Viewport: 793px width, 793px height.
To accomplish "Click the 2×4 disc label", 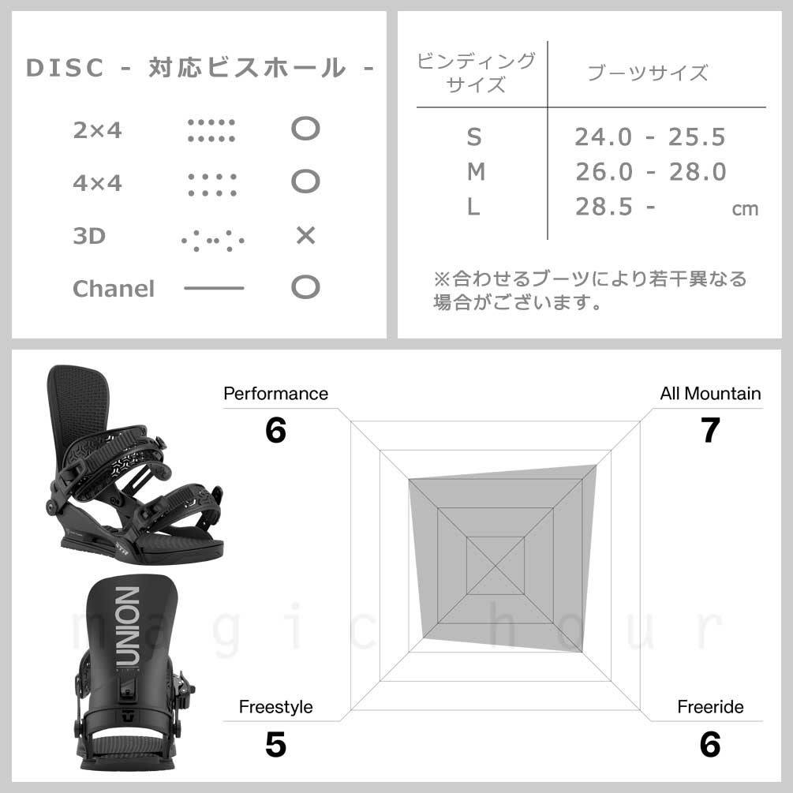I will pos(97,130).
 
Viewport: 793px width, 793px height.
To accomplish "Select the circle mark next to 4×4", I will pos(305,182).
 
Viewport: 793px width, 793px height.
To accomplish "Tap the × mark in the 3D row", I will pos(305,235).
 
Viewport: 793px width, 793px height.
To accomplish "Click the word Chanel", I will pos(114,289).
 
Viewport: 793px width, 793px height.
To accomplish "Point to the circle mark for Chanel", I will pos(305,287).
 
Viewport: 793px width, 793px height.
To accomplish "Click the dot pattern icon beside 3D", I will pos(212,238).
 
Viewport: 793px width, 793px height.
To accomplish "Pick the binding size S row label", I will pos(473,137).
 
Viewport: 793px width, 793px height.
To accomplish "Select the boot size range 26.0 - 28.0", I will pos(650,172).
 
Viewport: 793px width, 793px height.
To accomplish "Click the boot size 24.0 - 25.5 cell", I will pos(650,137).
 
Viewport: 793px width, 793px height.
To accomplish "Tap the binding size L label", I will pos(473,207).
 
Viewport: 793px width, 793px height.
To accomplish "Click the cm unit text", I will pos(745,209).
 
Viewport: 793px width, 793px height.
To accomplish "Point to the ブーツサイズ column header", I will pos(648,73).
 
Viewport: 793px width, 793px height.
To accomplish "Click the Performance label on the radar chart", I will pos(275,393).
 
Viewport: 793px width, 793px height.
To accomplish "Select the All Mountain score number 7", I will pos(710,431).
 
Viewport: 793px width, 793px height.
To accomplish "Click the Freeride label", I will pos(710,707).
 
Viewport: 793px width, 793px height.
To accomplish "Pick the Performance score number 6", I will pos(275,431).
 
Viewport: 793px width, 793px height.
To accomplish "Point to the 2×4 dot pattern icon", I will pos(211,130).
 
